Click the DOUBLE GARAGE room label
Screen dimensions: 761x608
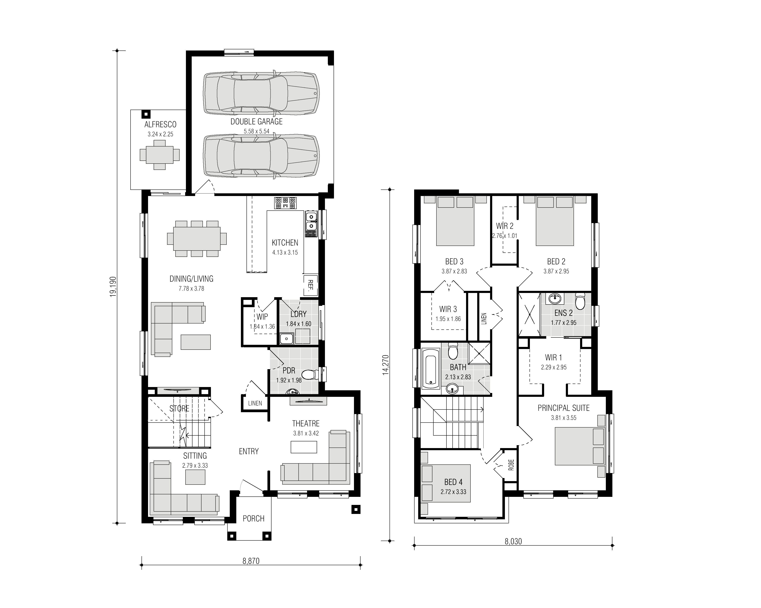point(257,122)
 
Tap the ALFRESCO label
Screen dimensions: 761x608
point(160,124)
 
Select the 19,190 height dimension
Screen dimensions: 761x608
point(113,287)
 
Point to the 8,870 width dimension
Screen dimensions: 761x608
point(251,561)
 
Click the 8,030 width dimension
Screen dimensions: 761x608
point(513,541)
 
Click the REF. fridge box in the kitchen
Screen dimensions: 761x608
point(311,285)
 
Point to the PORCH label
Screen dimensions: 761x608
point(253,519)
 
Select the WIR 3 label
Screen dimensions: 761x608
point(448,309)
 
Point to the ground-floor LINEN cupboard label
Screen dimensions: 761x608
point(255,403)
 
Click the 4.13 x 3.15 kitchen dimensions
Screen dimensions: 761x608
point(285,252)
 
